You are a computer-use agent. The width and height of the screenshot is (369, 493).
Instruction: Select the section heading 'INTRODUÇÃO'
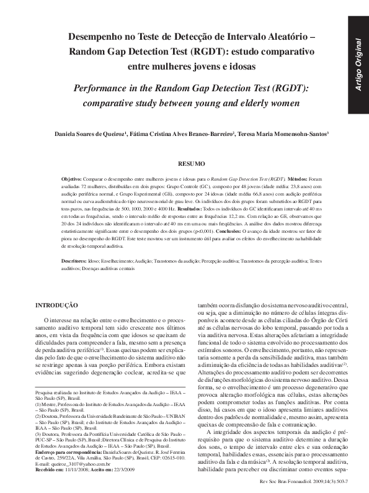point(56,305)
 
